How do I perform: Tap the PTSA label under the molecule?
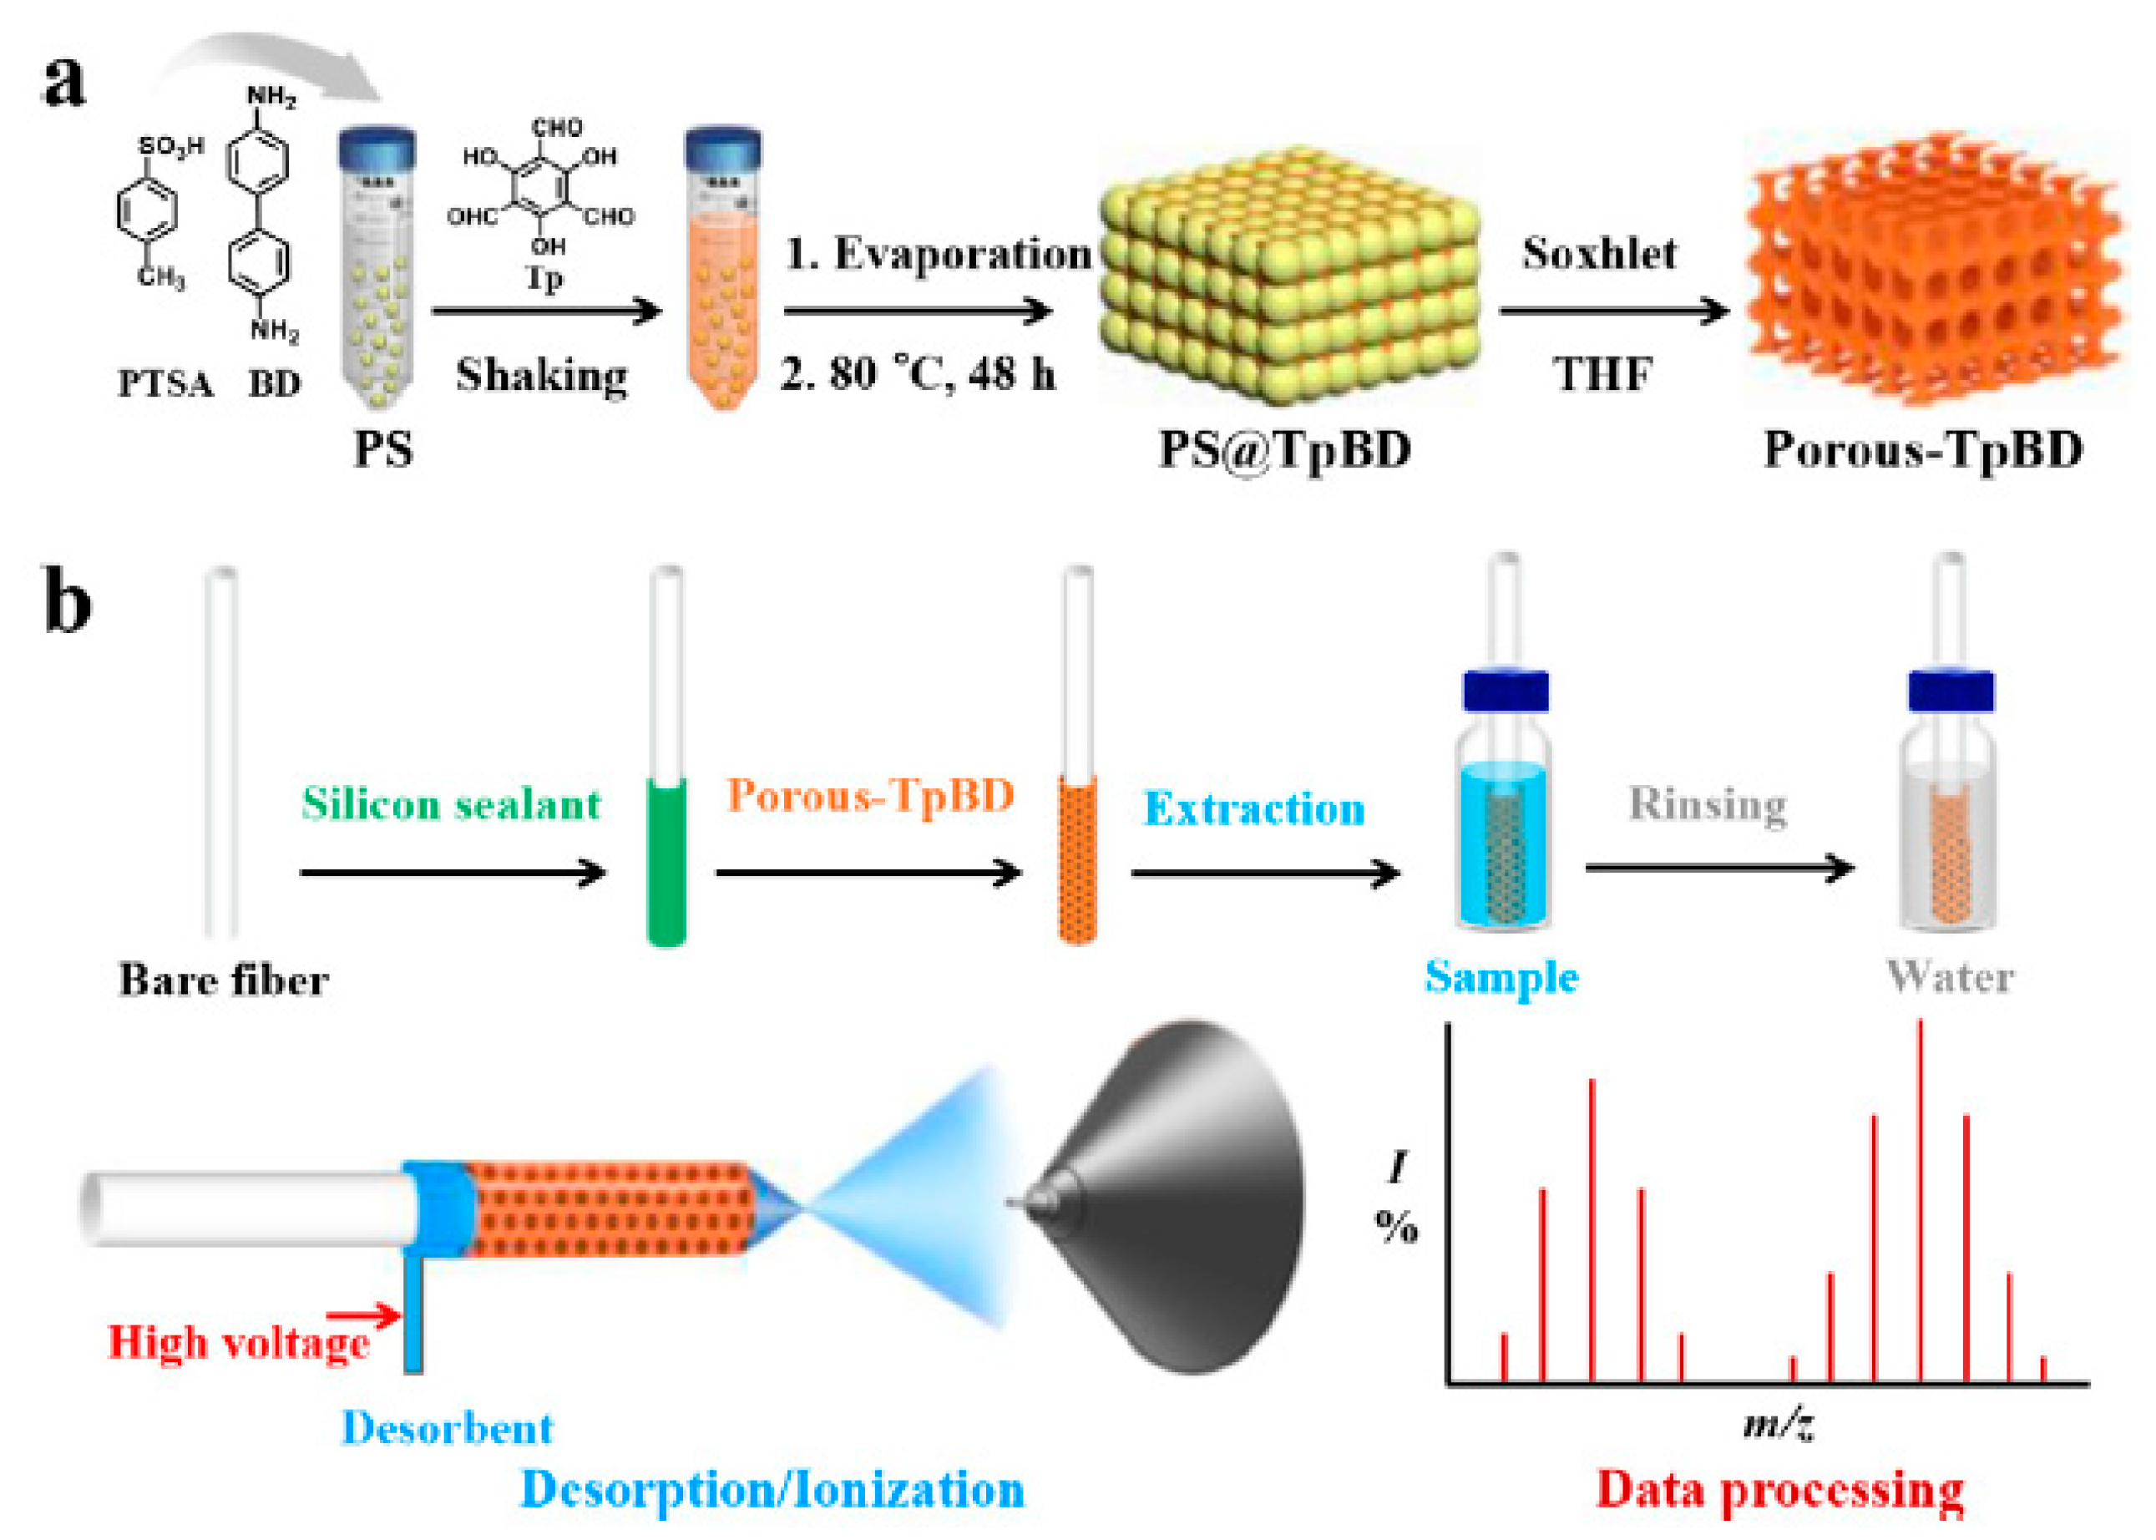coord(165,384)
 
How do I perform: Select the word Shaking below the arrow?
coord(541,376)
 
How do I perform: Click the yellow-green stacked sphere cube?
coord(1288,275)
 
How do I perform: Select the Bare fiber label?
coord(224,980)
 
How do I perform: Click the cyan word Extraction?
coord(1253,809)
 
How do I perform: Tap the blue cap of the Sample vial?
coord(1505,691)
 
